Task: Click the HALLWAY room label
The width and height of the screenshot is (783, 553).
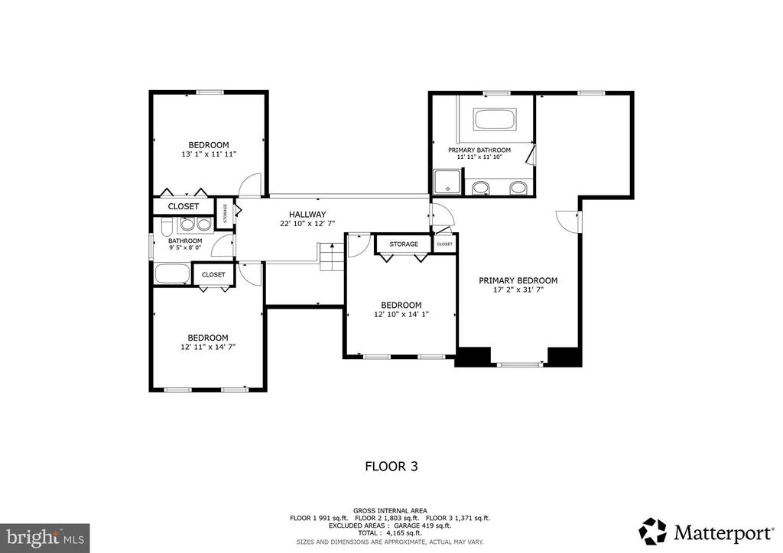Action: pos(307,215)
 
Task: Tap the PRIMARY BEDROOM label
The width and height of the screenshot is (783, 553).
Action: pos(518,281)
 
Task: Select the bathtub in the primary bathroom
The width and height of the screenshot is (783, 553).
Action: pos(495,120)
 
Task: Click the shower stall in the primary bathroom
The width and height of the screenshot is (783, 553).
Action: pos(448,183)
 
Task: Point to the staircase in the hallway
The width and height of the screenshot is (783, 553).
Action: pos(332,257)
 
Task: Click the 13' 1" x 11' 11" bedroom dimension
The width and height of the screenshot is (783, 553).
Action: pos(209,154)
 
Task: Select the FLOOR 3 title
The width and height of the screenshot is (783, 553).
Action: pos(391,466)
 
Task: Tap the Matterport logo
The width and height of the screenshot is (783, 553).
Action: pos(706,532)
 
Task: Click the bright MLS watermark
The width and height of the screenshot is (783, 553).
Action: pos(45,538)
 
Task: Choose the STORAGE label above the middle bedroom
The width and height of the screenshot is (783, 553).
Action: pos(404,244)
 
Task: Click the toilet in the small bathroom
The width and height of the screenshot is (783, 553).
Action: pos(167,229)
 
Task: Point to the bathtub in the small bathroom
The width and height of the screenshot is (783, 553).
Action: pos(172,273)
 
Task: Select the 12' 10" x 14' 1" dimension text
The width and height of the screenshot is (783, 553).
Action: pos(401,314)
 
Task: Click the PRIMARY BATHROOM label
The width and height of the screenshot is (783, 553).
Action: pos(479,150)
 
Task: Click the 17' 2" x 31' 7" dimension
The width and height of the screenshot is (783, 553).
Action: pos(518,289)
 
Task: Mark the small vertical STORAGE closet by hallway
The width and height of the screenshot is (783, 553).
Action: pos(225,213)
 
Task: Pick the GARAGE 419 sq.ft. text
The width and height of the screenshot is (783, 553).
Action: pos(422,526)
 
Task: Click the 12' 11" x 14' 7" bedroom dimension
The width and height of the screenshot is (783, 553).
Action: pos(208,347)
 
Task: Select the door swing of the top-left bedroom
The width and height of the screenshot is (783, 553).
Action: pos(250,185)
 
